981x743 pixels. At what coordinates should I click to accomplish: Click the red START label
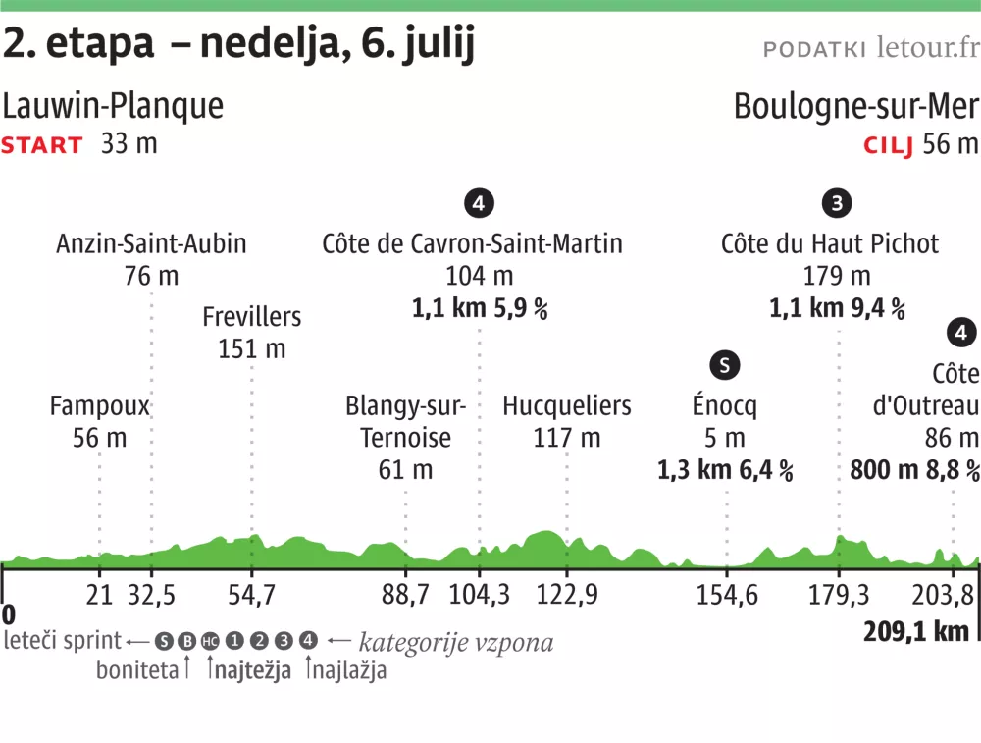[42, 145]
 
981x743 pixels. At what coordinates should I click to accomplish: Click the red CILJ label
[888, 146]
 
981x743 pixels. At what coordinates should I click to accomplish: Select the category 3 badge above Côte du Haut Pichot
[836, 204]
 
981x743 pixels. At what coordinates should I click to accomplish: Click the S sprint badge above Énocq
[724, 366]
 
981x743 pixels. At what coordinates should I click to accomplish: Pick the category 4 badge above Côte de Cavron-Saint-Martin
[478, 204]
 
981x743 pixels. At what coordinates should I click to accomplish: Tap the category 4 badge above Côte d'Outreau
[962, 334]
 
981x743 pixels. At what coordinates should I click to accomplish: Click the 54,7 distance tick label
[251, 594]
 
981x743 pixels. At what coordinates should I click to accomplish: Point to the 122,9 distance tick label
[567, 594]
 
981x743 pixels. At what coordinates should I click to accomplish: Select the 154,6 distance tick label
[727, 594]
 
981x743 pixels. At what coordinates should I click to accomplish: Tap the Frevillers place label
[251, 317]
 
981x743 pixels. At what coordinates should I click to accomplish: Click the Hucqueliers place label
[567, 405]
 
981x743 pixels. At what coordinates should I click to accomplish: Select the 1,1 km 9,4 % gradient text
[836, 309]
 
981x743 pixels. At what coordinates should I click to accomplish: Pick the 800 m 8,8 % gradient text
[914, 470]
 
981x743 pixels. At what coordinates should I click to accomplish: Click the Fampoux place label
[99, 405]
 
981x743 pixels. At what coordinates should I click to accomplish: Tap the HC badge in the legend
[209, 641]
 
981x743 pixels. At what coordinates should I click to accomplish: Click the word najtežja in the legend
[252, 670]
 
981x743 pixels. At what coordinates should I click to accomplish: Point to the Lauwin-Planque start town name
[113, 106]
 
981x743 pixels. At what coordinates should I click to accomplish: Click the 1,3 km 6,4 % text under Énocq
[724, 470]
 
